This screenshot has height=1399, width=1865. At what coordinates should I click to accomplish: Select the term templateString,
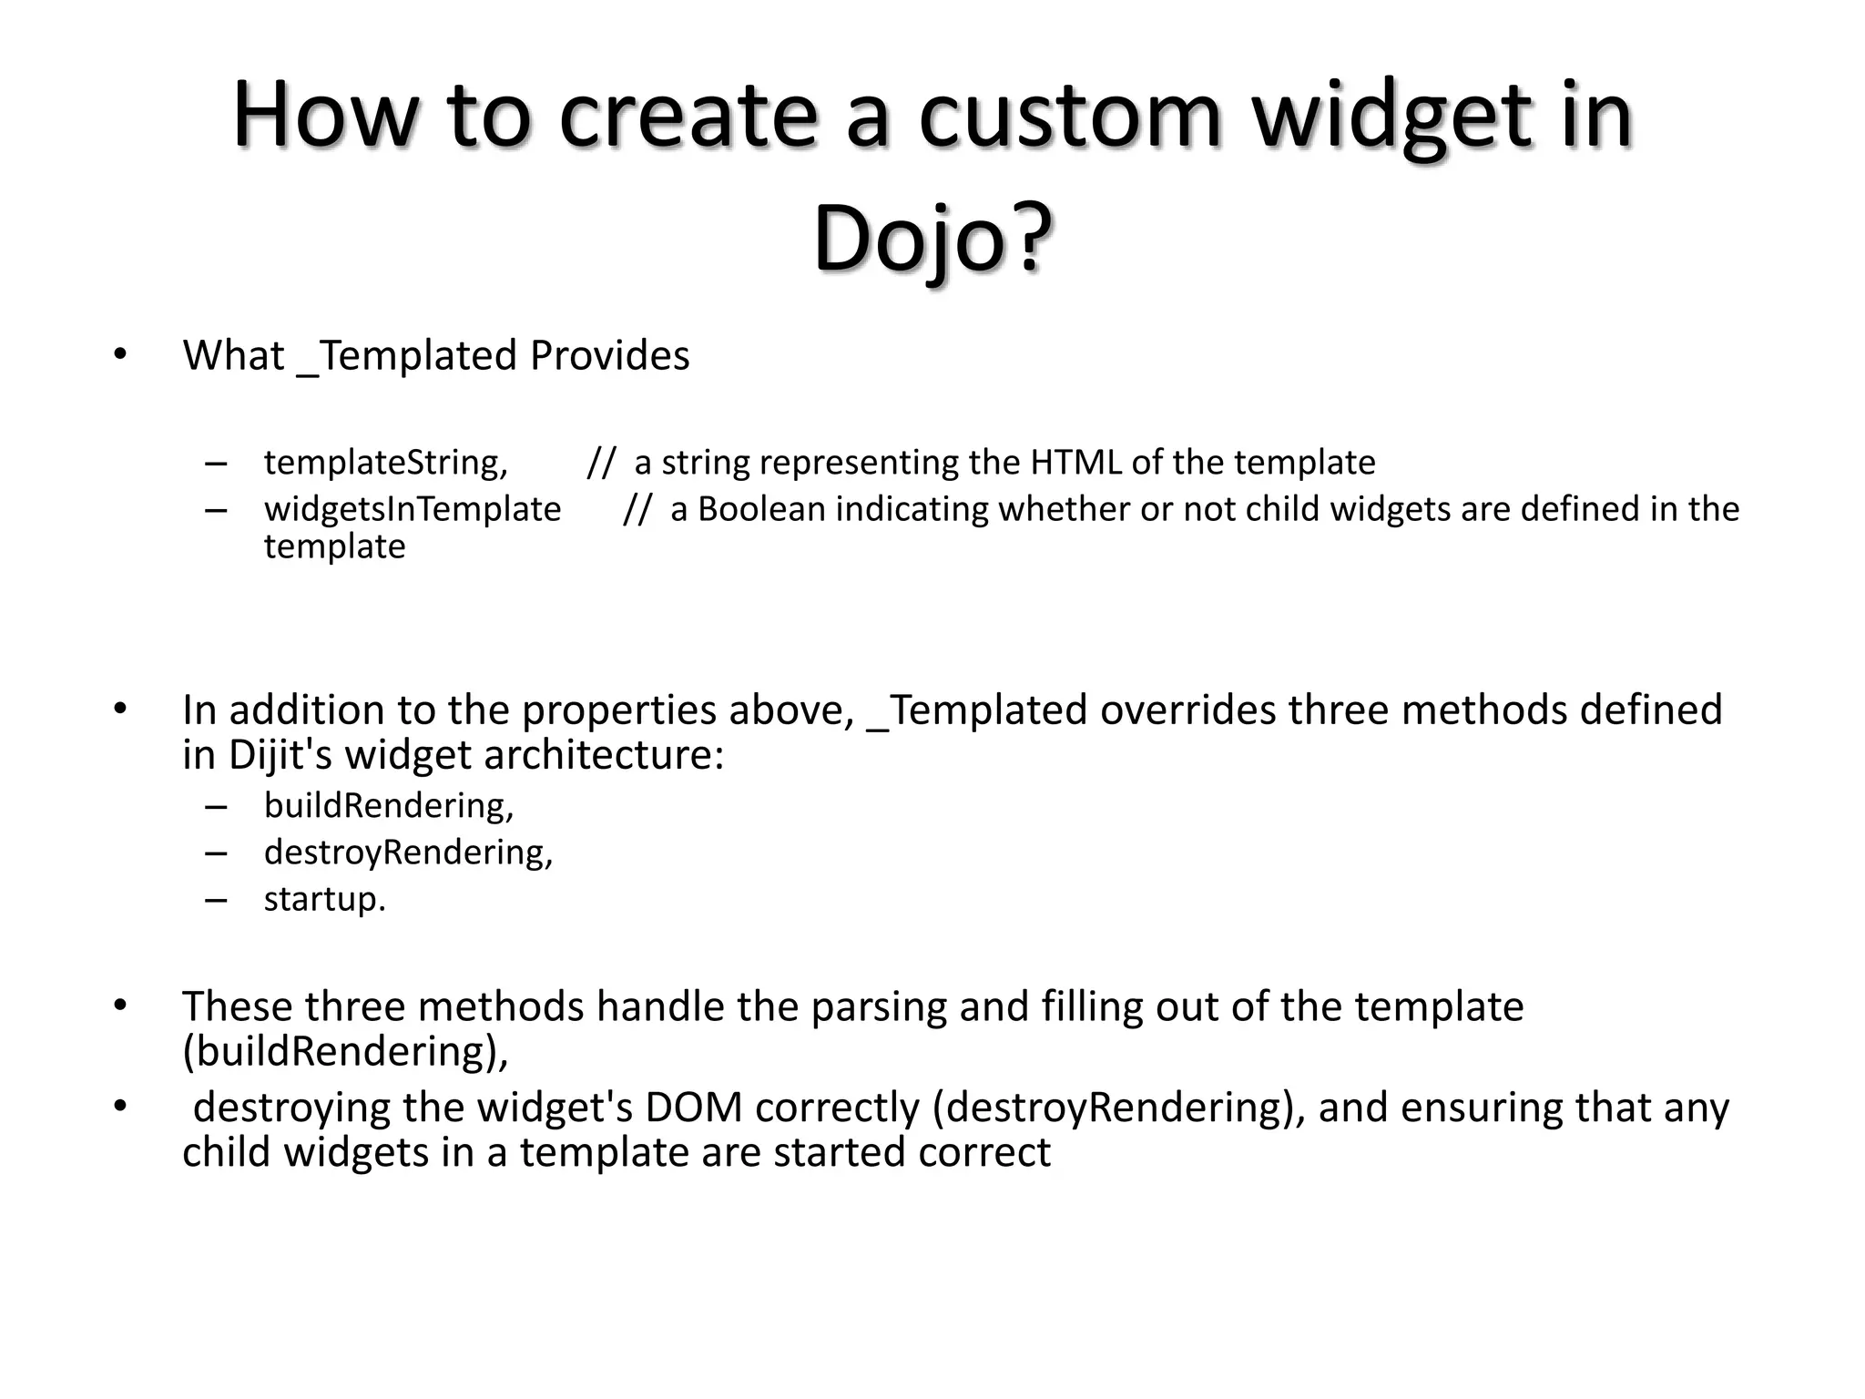click(386, 463)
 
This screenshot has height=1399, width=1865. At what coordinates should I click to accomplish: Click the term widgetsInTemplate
click(413, 509)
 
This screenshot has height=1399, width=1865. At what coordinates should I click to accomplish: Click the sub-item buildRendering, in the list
click(389, 806)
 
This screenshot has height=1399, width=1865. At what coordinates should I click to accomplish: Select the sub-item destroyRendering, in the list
click(408, 853)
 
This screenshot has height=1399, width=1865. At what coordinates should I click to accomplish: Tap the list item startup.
click(325, 899)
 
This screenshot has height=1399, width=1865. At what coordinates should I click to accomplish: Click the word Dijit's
click(280, 755)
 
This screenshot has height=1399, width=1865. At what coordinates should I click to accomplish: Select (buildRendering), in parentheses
click(345, 1052)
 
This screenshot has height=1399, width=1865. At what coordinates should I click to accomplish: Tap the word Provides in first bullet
click(609, 355)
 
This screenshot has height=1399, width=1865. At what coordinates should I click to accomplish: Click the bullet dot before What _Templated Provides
click(120, 355)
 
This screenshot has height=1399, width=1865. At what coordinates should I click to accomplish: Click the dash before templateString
click(216, 464)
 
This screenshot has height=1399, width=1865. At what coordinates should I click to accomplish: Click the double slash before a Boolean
click(637, 509)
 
